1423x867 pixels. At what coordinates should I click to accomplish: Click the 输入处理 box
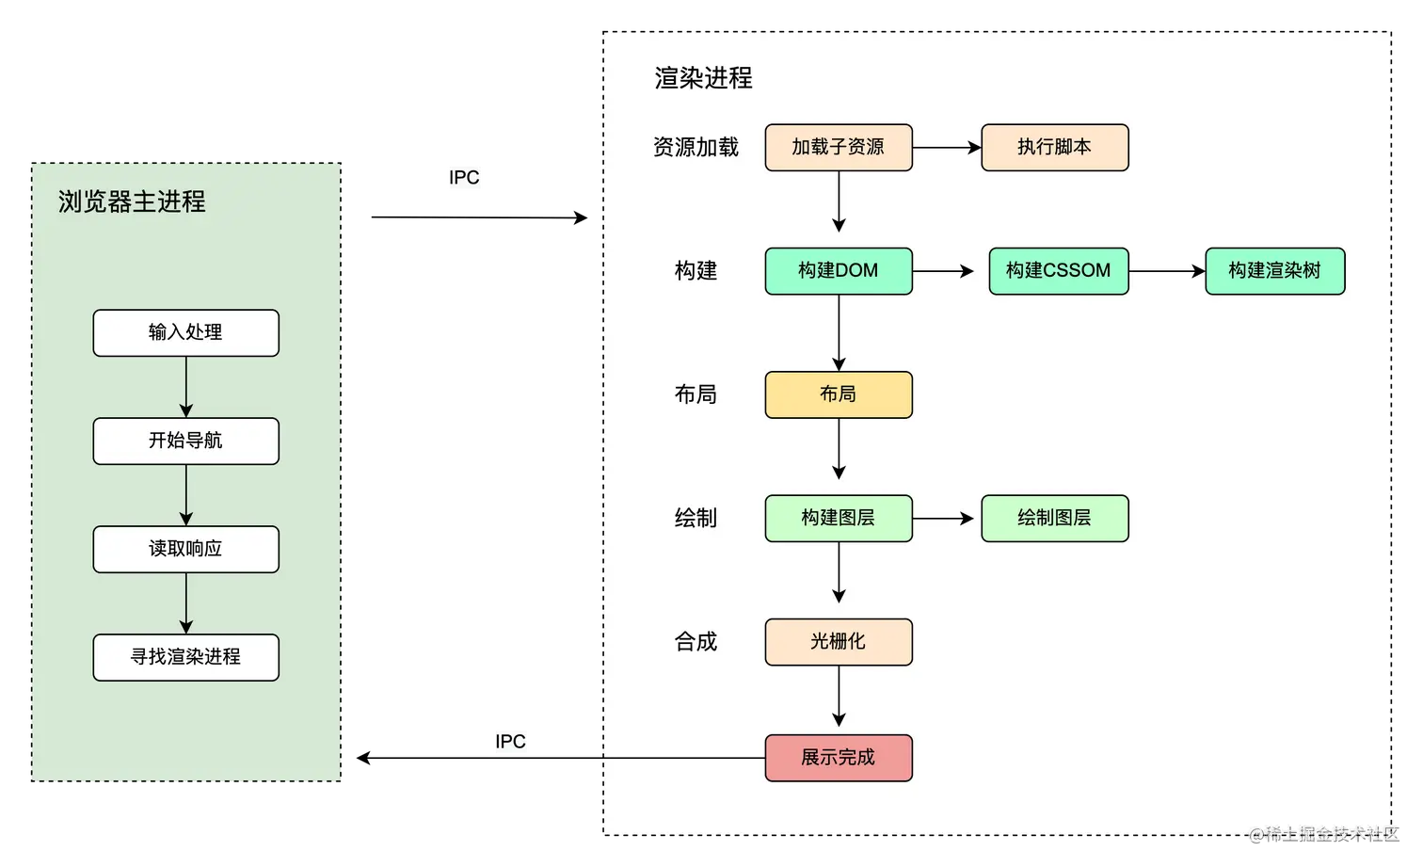185,333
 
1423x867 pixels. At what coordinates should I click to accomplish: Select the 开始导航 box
185,442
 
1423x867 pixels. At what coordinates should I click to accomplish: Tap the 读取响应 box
185,550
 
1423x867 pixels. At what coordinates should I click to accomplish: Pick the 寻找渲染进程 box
185,658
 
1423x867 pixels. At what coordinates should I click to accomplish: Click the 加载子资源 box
838,148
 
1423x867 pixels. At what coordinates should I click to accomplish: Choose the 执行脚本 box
1054,148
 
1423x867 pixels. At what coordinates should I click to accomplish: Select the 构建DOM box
838,271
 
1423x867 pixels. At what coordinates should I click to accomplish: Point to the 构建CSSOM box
1058,271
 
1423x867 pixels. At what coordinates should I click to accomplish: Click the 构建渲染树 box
1274,271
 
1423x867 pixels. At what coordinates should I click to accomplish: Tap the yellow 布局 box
838,394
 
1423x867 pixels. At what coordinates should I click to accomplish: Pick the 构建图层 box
838,519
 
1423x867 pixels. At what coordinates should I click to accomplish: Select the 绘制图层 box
1054,519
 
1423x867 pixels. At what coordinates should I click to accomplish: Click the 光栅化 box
838,642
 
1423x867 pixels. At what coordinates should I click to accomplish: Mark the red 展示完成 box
838,758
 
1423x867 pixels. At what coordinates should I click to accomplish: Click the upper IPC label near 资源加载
464,178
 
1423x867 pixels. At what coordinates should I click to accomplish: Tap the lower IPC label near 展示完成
511,741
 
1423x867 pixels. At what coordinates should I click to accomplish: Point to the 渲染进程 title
703,78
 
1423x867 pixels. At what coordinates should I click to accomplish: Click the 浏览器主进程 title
132,201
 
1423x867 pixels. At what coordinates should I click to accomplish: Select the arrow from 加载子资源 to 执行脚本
947,148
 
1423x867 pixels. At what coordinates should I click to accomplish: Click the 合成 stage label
696,642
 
